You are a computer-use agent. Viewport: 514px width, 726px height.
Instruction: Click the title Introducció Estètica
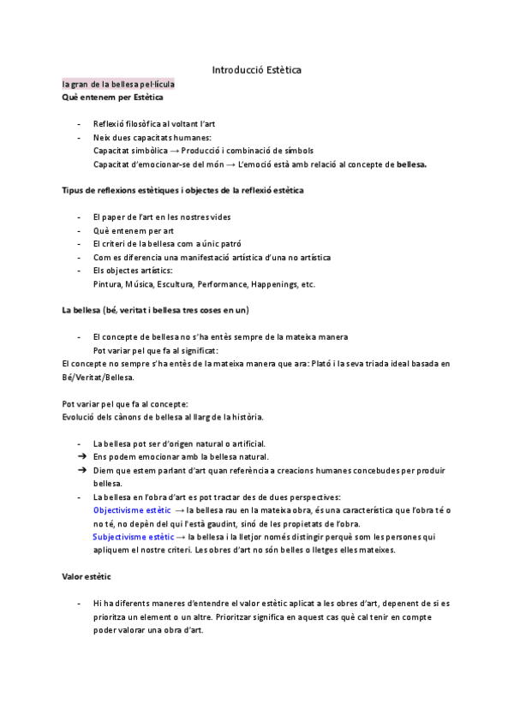(x=256, y=69)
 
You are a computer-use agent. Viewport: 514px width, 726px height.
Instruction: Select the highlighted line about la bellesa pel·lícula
(x=118, y=85)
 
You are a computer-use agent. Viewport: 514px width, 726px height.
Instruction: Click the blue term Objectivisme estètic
(x=132, y=510)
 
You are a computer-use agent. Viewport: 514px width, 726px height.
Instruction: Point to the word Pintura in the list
(x=107, y=284)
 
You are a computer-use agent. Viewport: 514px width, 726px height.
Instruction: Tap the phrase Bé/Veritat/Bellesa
(x=98, y=377)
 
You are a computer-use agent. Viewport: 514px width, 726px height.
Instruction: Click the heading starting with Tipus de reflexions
(x=182, y=190)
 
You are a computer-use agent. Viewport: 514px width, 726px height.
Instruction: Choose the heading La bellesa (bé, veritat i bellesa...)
(x=155, y=309)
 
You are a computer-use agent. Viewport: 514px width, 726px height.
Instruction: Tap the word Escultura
(x=175, y=284)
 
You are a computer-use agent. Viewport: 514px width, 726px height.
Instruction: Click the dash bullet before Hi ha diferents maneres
(x=80, y=604)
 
